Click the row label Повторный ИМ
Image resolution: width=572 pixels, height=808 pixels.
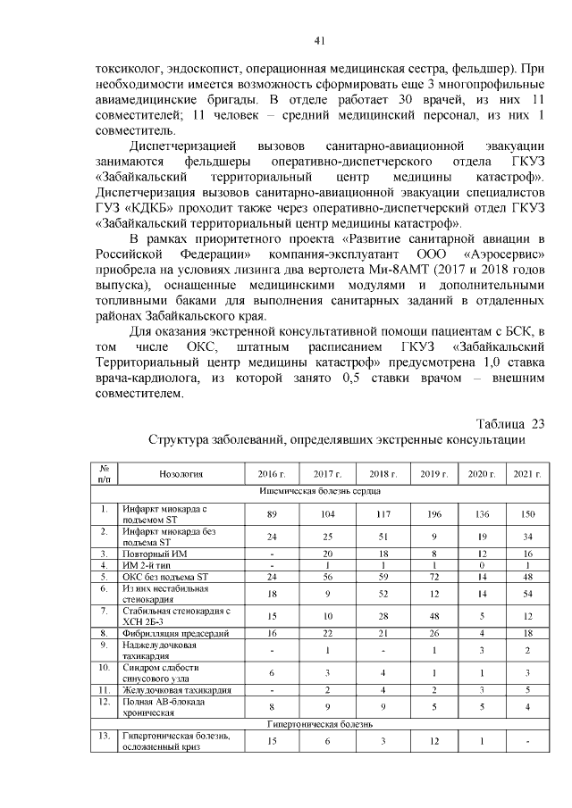coord(155,554)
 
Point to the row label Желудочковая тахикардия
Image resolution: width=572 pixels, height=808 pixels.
coord(177,689)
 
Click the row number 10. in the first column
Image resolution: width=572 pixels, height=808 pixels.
coord(105,667)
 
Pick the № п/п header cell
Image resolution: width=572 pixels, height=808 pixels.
coord(105,473)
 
